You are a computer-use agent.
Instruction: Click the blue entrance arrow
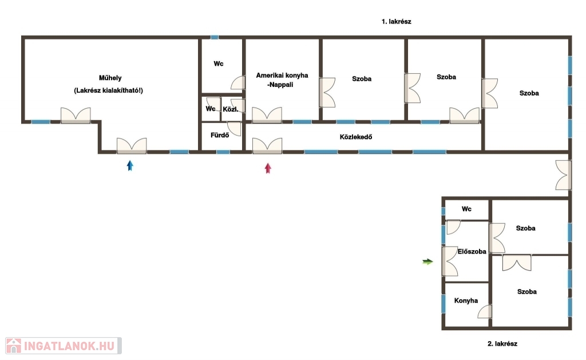(x=130, y=165)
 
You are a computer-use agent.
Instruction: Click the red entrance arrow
(x=268, y=168)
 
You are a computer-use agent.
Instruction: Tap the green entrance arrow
(x=427, y=262)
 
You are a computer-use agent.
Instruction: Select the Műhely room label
(x=110, y=78)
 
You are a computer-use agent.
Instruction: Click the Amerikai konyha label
(x=282, y=75)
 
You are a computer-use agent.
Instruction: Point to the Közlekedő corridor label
(x=356, y=137)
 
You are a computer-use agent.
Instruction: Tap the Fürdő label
(x=220, y=135)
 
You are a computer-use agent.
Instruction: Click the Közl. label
(x=231, y=109)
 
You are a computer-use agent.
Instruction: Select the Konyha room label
(x=466, y=300)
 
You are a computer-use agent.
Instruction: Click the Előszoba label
(x=472, y=251)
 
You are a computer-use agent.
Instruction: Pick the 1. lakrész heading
(x=396, y=22)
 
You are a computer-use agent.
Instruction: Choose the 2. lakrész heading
(x=502, y=343)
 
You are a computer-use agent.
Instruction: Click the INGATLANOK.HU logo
(x=63, y=346)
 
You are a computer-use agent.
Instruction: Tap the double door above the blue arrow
(x=132, y=146)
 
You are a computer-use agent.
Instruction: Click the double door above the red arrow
(x=267, y=146)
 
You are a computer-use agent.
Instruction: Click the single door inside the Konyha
(x=485, y=311)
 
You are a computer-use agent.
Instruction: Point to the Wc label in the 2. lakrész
(x=466, y=209)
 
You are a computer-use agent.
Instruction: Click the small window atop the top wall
(x=214, y=37)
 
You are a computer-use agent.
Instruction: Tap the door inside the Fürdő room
(x=235, y=129)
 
